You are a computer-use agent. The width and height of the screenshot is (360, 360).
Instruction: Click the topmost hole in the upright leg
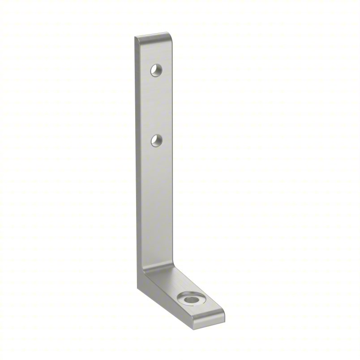pyautogui.click(x=156, y=70)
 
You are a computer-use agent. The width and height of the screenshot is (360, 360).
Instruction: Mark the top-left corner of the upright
pyautogui.click(x=136, y=39)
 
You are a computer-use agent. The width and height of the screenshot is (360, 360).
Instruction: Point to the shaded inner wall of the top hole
pyautogui.click(x=154, y=68)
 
